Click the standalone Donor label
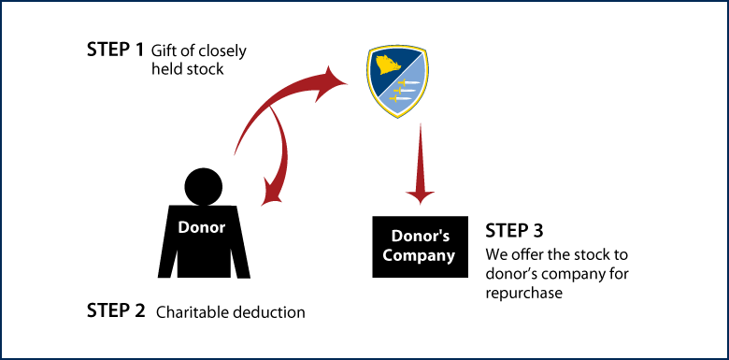[202, 227]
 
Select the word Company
[419, 254]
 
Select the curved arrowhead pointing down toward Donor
[272, 195]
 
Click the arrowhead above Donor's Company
[421, 195]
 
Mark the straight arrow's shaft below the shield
[421, 154]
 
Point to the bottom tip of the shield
[398, 118]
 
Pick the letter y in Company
[450, 256]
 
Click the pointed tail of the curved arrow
[234, 155]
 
